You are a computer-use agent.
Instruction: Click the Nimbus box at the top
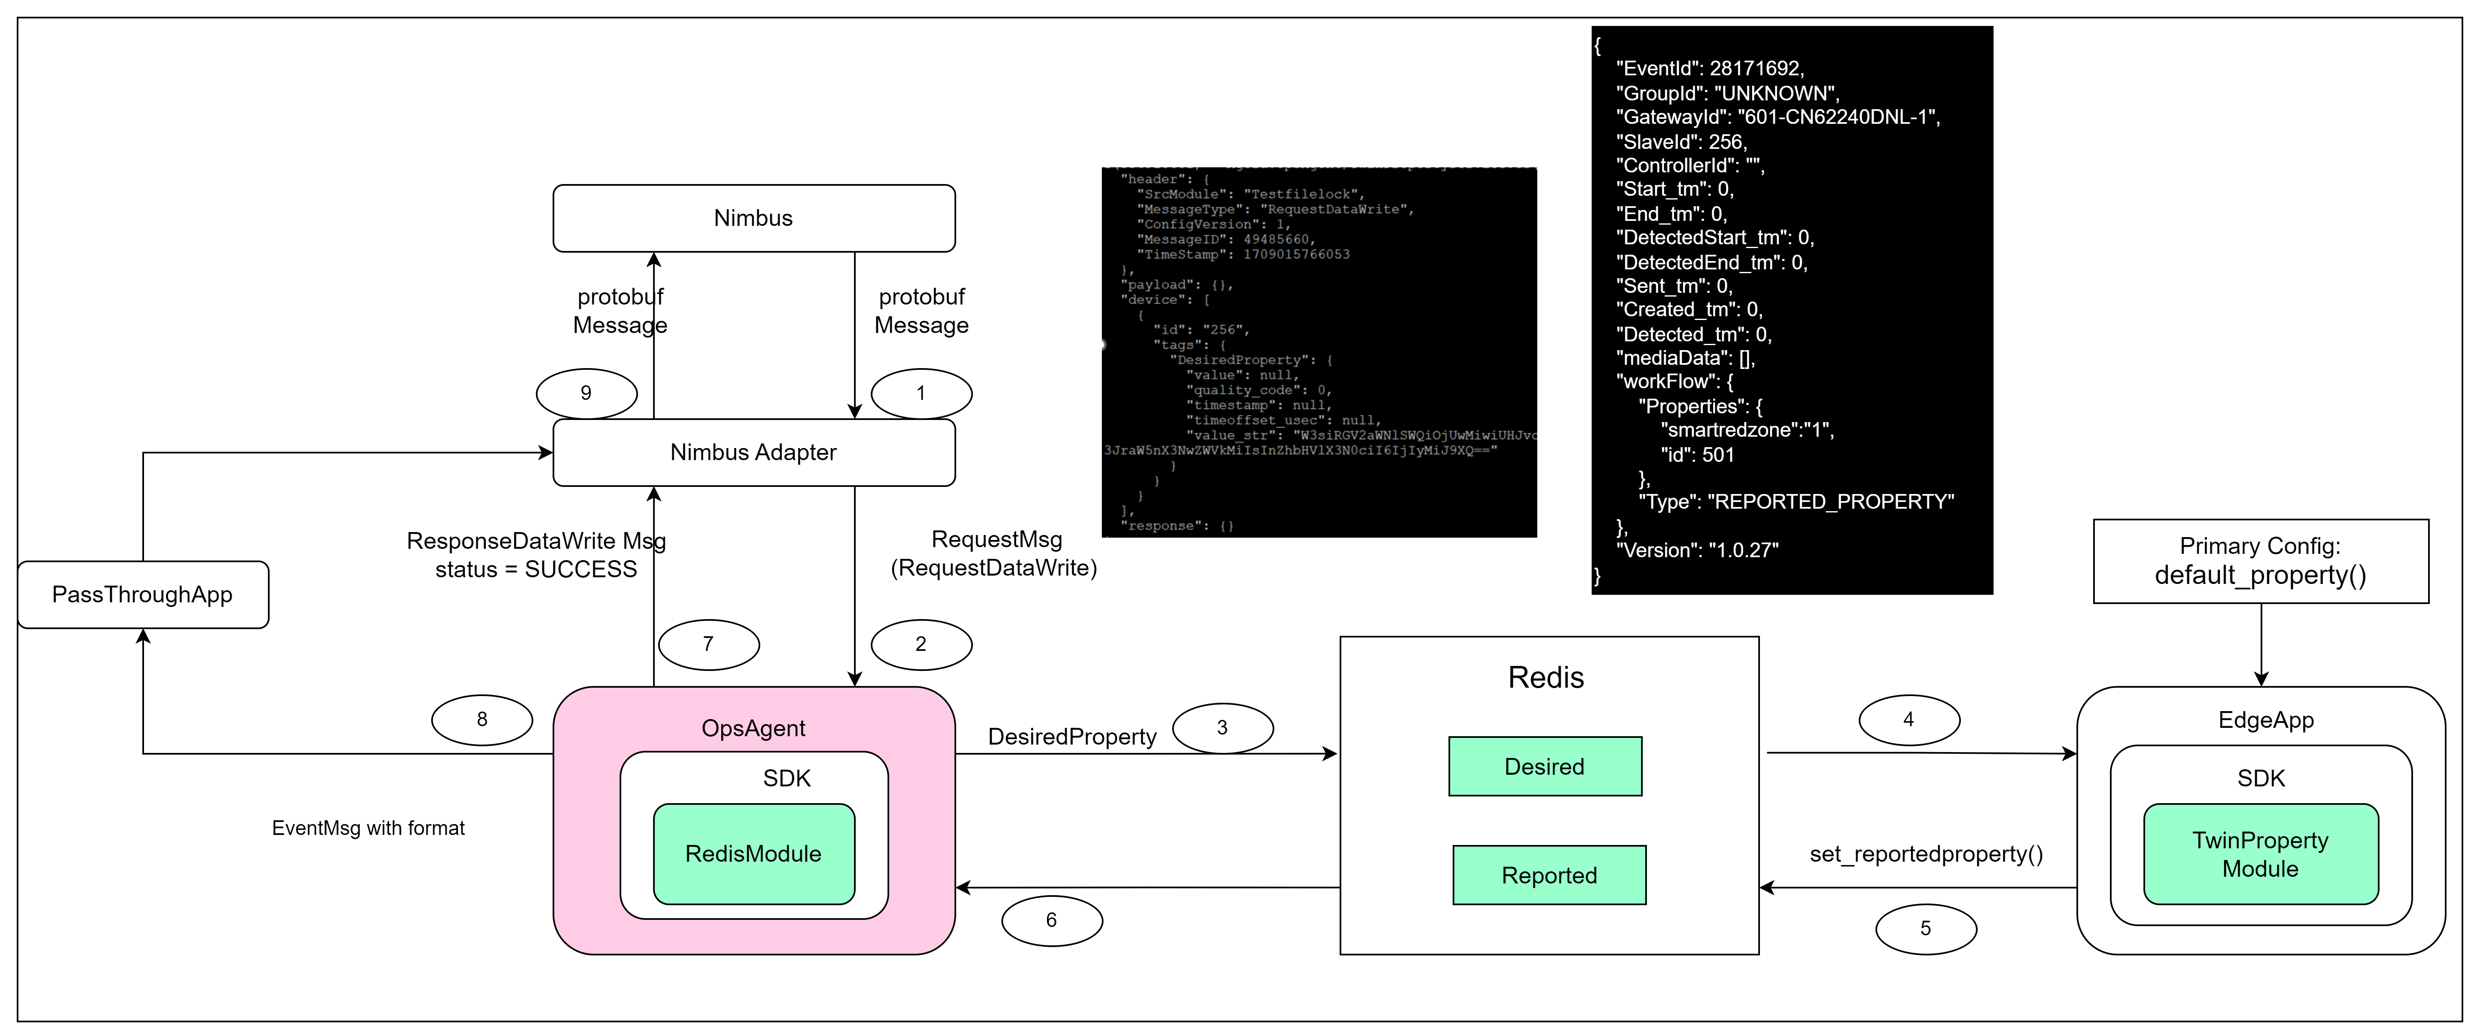754,218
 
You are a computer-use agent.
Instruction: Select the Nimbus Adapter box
754,452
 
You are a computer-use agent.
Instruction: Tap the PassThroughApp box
142,595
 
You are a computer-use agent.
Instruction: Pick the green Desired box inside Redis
1544,766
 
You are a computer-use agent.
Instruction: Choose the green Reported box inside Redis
1549,875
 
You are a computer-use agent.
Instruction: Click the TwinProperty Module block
2261,854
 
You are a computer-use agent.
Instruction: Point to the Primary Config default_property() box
2261,561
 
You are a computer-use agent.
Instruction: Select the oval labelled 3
1223,727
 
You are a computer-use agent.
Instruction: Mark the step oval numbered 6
1051,920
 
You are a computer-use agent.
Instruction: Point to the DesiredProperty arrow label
1072,737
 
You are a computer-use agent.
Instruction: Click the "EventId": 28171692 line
1710,68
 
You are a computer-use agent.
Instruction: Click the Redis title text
1545,678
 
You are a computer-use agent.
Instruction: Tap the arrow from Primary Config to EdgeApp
2261,645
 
